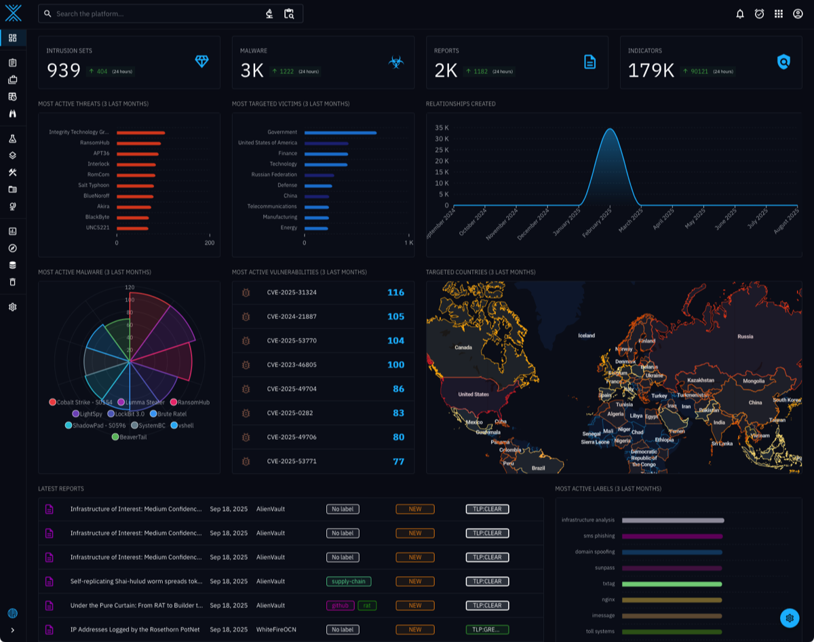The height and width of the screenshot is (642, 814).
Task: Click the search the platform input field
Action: click(x=156, y=14)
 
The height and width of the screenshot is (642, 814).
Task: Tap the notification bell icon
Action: click(x=740, y=14)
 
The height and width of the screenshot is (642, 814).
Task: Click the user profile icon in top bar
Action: click(x=798, y=14)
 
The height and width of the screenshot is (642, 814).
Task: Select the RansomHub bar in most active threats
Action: click(x=138, y=143)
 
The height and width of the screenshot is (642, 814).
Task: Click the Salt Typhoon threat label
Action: click(x=94, y=185)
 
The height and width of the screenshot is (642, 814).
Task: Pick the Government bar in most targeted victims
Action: click(x=340, y=133)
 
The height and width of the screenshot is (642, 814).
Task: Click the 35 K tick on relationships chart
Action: click(x=442, y=128)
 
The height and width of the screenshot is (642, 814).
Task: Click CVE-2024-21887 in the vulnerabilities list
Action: click(x=292, y=317)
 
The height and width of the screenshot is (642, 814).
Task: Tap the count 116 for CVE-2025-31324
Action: click(x=395, y=292)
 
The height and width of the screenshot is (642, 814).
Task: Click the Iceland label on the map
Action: click(x=586, y=336)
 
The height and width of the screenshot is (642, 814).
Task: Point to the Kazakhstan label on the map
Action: click(x=701, y=381)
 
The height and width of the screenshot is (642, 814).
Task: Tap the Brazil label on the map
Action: click(x=538, y=468)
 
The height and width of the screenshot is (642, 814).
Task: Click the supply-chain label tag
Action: click(x=349, y=582)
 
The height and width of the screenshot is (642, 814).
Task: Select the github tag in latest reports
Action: click(x=341, y=605)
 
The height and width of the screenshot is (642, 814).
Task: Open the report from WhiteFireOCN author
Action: click(x=136, y=630)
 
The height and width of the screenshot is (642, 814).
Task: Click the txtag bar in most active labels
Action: click(x=672, y=584)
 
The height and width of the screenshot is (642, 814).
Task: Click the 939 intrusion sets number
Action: click(x=64, y=71)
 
